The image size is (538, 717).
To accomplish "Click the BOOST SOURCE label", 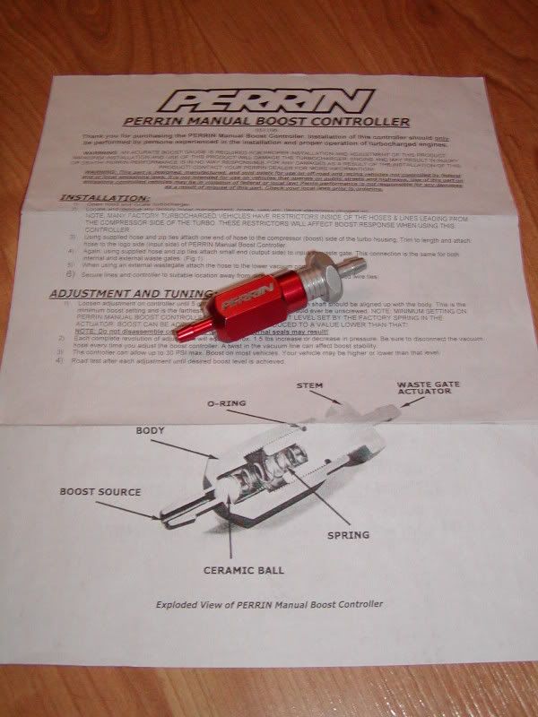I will pyautogui.click(x=100, y=491).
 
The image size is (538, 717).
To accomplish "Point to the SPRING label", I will pyautogui.click(x=348, y=535).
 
